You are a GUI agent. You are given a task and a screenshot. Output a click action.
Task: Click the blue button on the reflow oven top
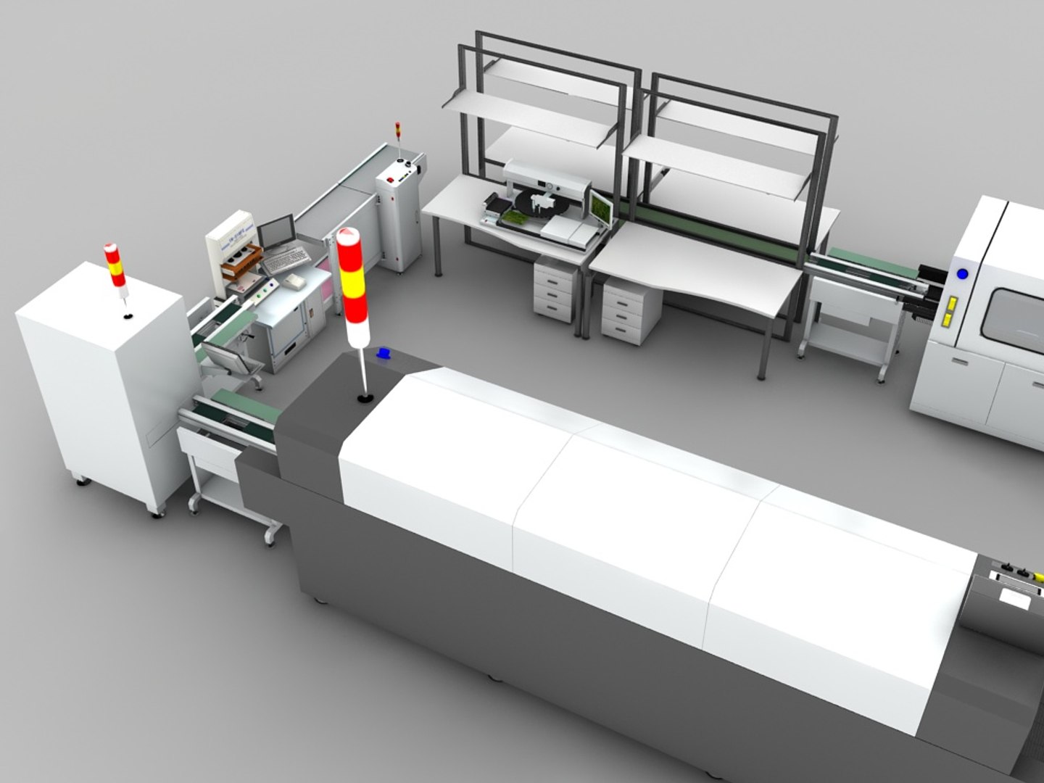click(383, 353)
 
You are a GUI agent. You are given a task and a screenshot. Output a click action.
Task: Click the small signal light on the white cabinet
click(117, 267)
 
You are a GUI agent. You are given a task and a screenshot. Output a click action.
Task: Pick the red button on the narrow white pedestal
click(390, 178)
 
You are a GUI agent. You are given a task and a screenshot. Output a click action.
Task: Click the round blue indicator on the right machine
click(962, 274)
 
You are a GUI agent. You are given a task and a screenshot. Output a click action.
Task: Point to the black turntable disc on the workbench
click(541, 211)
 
